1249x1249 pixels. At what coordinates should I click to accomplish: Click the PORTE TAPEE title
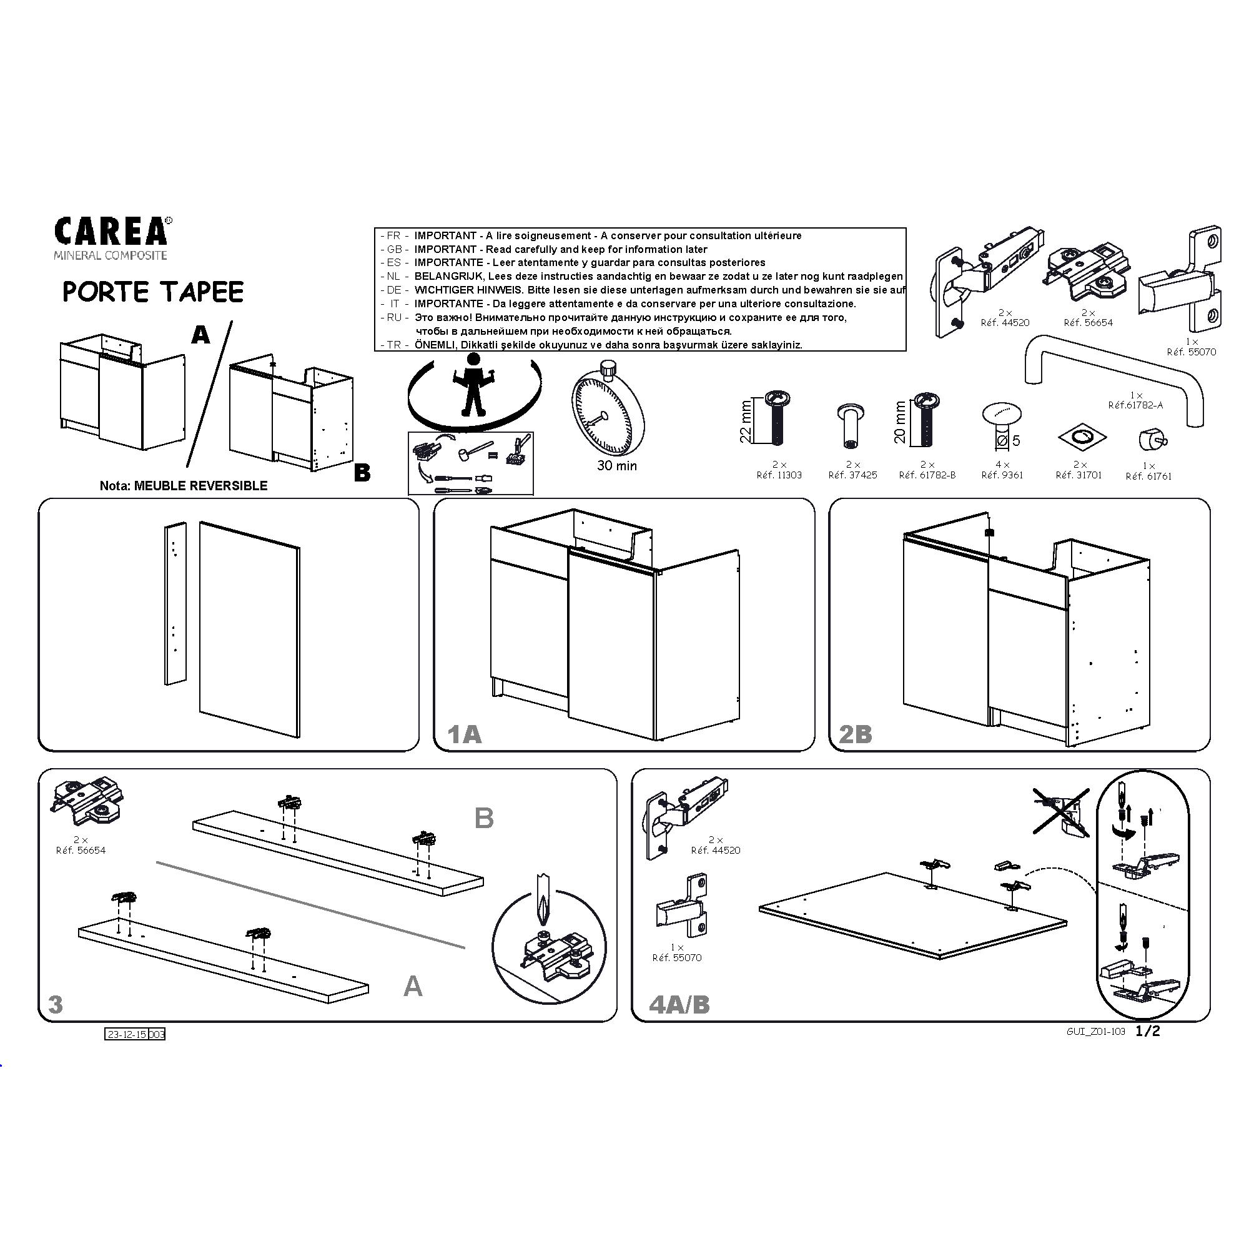pyautogui.click(x=153, y=292)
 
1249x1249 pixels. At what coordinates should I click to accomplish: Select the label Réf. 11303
pyautogui.click(x=779, y=475)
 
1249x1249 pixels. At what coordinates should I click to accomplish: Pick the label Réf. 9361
pyautogui.click(x=1002, y=475)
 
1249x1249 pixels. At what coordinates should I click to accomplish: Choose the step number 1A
pyautogui.click(x=465, y=734)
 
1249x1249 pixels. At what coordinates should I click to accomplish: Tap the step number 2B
pyautogui.click(x=856, y=734)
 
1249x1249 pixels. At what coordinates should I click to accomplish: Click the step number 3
pyautogui.click(x=56, y=1005)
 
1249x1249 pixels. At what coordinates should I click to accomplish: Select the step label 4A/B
pyautogui.click(x=679, y=1005)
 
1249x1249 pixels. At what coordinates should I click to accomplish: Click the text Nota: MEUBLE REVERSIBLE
pyautogui.click(x=184, y=485)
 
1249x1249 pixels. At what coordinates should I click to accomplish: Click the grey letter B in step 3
pyautogui.click(x=484, y=819)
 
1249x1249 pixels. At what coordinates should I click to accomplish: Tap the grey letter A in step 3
pyautogui.click(x=413, y=987)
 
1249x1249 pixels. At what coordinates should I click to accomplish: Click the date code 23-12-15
pyautogui.click(x=127, y=1034)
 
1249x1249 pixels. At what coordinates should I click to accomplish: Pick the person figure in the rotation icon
pyautogui.click(x=474, y=385)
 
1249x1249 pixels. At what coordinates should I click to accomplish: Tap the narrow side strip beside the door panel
pyautogui.click(x=176, y=604)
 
